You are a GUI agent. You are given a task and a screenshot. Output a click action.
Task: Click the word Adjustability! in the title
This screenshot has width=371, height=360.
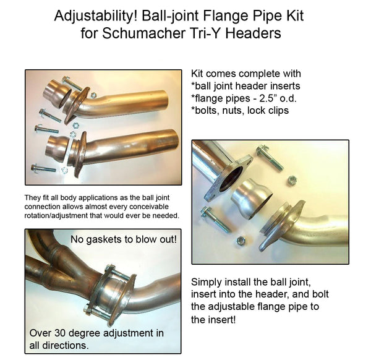click(x=96, y=17)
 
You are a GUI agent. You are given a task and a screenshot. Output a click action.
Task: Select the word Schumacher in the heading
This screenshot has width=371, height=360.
click(x=144, y=33)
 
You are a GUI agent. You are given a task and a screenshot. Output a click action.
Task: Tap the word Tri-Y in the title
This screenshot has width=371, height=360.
click(x=205, y=33)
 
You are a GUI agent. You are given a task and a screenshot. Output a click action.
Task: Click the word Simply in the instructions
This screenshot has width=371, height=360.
click(x=206, y=283)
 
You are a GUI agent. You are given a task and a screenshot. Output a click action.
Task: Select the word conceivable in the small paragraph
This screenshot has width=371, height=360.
click(x=149, y=207)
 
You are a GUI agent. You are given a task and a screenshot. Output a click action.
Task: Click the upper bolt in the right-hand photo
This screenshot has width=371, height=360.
click(x=270, y=157)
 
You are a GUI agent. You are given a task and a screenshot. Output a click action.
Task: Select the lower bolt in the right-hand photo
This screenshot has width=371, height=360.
click(x=215, y=219)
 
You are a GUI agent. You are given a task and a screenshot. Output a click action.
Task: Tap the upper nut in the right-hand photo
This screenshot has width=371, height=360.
click(x=292, y=181)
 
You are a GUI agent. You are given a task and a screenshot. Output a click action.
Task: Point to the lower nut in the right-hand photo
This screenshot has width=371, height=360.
click(x=241, y=241)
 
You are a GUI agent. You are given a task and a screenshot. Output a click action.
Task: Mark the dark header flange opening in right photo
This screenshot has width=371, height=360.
click(x=231, y=179)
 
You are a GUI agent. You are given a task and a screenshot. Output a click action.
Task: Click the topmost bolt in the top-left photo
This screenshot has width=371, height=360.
click(x=72, y=84)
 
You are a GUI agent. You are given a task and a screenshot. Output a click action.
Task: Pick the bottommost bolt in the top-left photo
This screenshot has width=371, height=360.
click(x=44, y=168)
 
